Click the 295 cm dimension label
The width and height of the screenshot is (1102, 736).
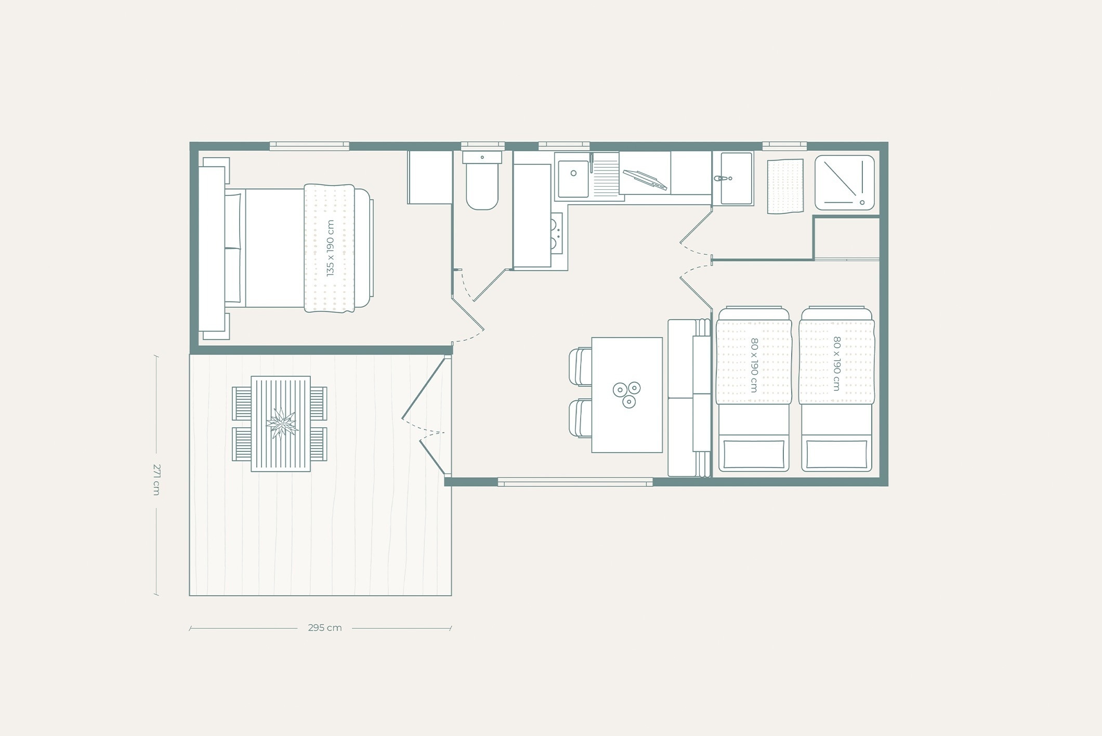(325, 628)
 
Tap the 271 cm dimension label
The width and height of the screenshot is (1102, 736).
(156, 479)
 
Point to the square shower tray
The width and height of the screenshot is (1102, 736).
(844, 182)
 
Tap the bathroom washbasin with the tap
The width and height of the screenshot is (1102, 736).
(733, 178)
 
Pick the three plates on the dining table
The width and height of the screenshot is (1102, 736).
(626, 395)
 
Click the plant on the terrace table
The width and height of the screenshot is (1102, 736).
(281, 424)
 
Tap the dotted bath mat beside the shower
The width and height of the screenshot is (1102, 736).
(785, 186)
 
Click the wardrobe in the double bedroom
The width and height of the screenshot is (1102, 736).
(429, 177)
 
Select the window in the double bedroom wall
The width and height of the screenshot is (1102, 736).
(309, 146)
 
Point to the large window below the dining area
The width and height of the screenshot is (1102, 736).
(575, 482)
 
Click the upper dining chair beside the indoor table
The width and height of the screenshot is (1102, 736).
(581, 366)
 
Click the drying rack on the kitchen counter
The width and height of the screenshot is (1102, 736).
(645, 180)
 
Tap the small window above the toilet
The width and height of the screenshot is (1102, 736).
(482, 146)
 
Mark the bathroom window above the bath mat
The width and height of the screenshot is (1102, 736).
(784, 146)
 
